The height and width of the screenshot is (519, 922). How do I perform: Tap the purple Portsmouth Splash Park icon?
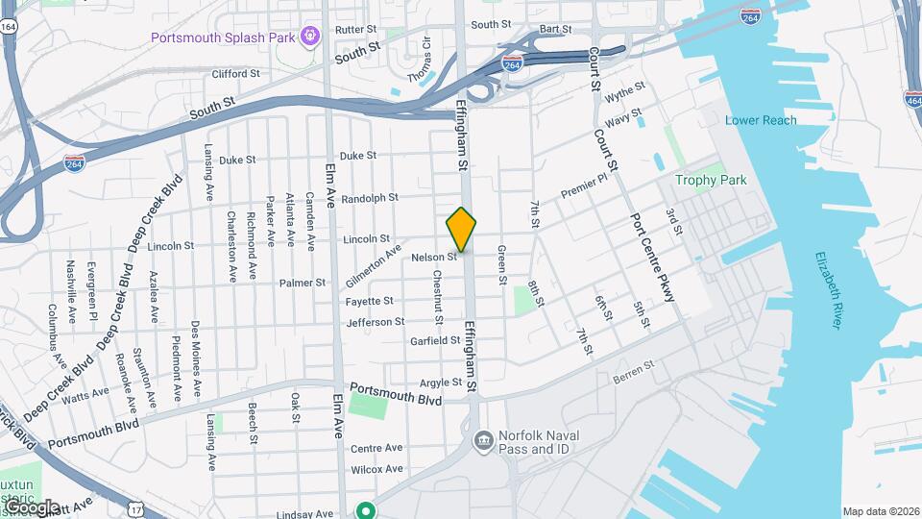click(309, 37)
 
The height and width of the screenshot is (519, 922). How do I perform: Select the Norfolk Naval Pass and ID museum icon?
click(483, 441)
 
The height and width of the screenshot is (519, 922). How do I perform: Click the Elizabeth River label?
click(828, 290)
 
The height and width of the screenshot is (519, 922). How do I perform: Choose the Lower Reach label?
click(761, 120)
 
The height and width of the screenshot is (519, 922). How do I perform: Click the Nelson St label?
click(433, 258)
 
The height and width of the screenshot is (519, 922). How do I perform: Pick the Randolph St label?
click(369, 198)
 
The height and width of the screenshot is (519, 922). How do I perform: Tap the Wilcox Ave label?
click(376, 469)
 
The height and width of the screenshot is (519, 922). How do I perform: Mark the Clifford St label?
click(235, 73)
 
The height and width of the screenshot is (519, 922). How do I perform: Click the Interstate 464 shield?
click(911, 99)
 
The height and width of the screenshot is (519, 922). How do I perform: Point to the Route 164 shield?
click(8, 27)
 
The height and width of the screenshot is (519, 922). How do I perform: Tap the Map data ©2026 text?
click(880, 511)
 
